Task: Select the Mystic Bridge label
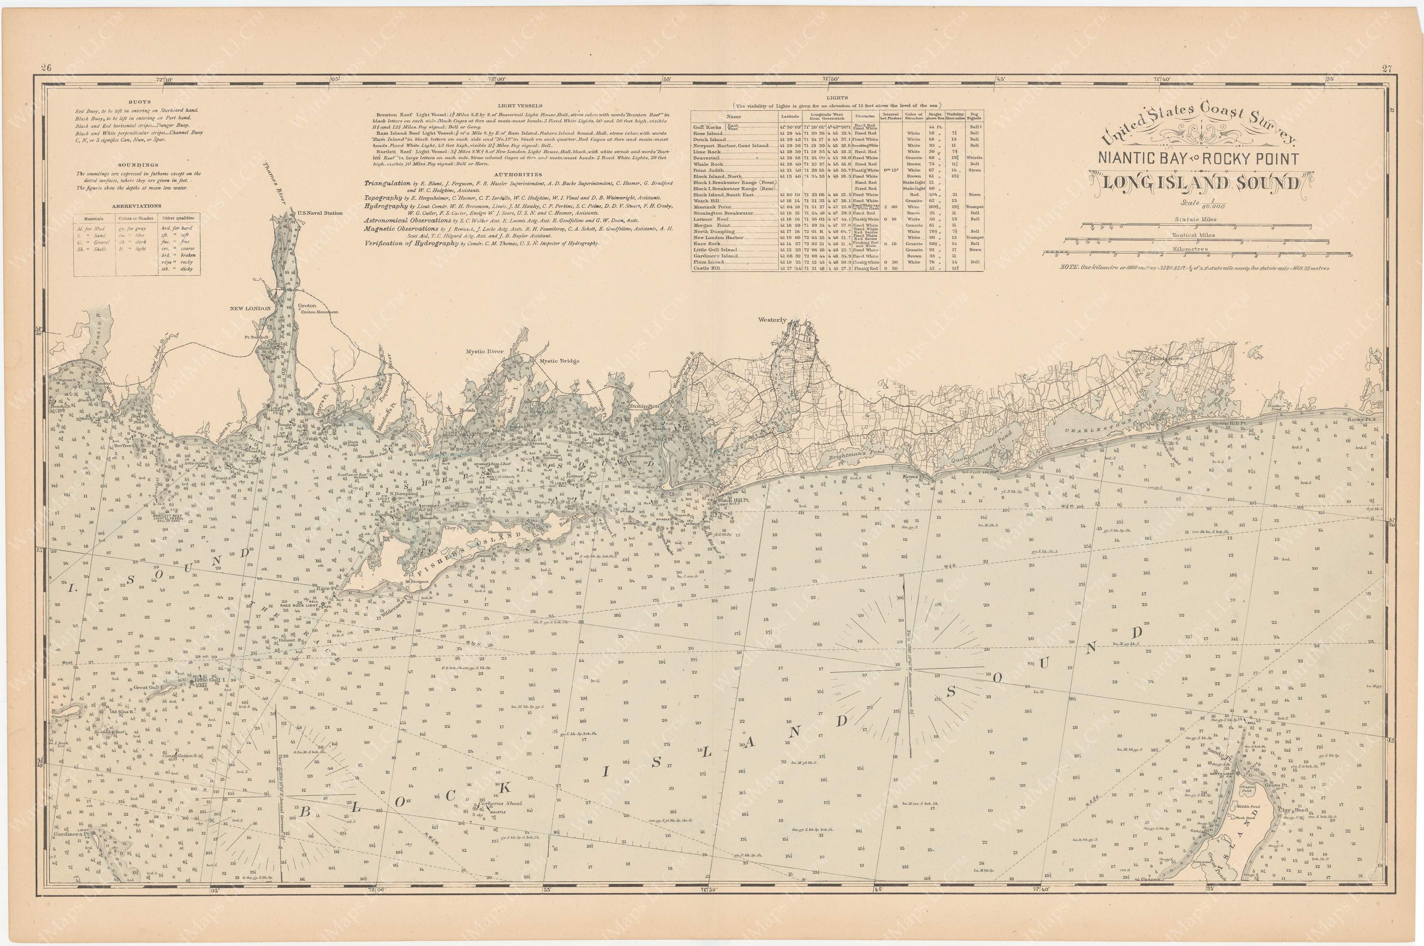559,361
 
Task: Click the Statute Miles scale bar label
1195,220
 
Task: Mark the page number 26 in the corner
46,68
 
